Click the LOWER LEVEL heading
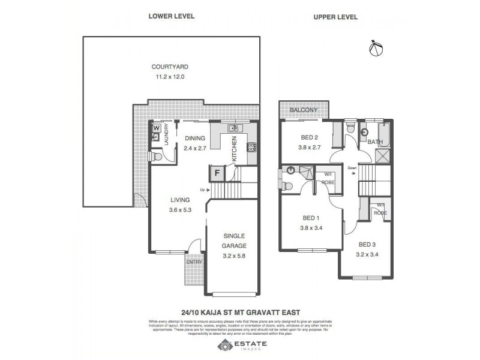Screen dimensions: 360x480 172,17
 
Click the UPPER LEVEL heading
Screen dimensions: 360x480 335,17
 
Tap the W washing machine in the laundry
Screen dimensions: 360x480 156,128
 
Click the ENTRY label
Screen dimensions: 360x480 194,262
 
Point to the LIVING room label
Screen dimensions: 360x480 179,200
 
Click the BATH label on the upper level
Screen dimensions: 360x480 375,142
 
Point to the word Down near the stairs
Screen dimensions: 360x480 352,169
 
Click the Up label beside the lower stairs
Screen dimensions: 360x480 203,190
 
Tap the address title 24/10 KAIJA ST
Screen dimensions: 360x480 240,311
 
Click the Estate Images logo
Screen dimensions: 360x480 240,345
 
